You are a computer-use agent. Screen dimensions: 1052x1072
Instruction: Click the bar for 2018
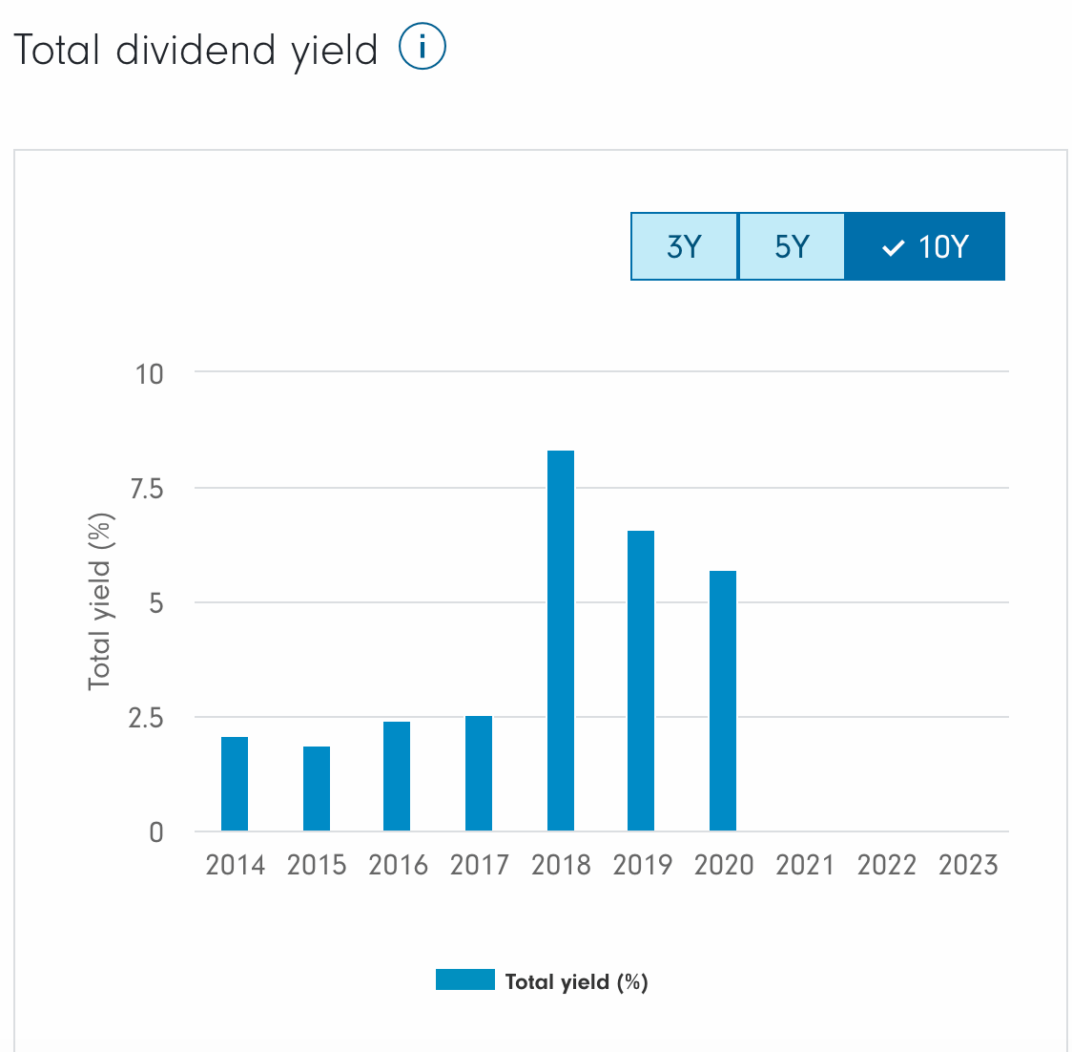pos(561,641)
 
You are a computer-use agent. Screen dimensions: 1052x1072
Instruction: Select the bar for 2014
pos(235,784)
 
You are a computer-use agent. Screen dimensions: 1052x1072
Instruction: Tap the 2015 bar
pos(317,789)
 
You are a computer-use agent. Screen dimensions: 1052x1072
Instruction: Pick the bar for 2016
pos(397,776)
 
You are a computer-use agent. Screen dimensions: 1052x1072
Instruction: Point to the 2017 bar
pos(479,773)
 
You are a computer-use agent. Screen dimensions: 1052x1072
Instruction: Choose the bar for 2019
pos(641,681)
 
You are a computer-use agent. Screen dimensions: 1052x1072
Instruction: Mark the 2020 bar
pos(723,701)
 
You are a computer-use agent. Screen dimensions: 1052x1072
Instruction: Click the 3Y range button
pos(684,246)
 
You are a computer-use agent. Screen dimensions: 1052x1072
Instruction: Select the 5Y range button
pos(792,246)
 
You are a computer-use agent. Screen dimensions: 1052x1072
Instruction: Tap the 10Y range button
pos(925,246)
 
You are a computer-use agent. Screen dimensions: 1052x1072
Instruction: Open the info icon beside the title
pos(422,48)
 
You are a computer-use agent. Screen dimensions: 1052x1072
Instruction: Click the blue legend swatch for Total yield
pos(465,979)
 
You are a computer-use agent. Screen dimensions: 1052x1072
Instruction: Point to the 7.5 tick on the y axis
pos(146,489)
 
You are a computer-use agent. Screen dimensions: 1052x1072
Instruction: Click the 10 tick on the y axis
pos(149,373)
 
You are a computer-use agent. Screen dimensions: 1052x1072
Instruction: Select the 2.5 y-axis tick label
pos(146,718)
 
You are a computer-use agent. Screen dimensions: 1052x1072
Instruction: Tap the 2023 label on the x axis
pos(968,865)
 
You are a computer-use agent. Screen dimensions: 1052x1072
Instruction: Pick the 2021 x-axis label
pos(805,865)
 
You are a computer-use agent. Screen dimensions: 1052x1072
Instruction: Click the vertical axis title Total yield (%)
pos(100,601)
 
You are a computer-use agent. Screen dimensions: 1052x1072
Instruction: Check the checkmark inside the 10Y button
pos(893,248)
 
